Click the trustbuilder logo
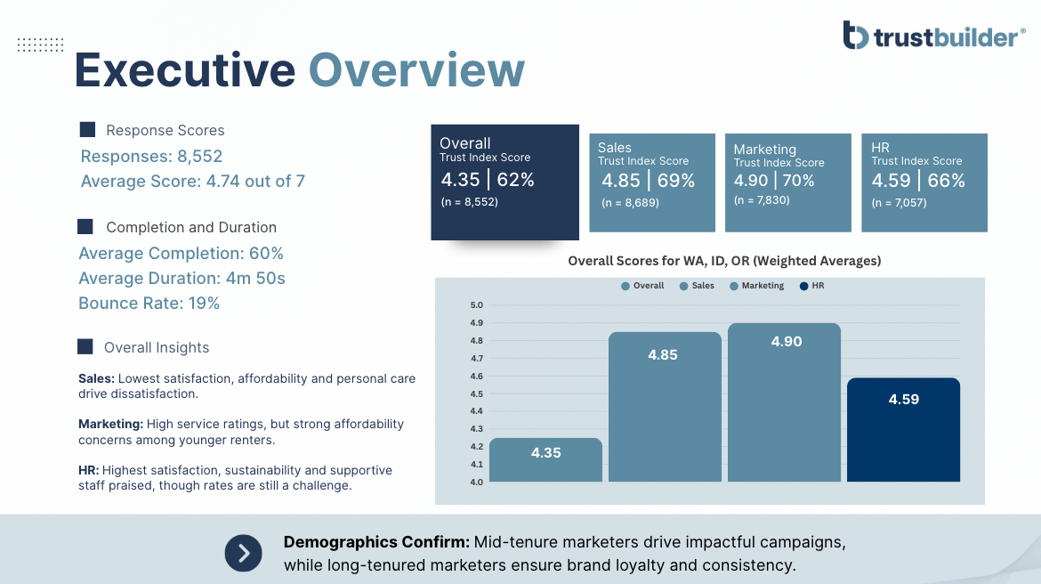[x=933, y=36]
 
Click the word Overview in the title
[x=417, y=69]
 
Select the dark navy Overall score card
[x=504, y=182]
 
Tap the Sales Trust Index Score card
[x=652, y=182]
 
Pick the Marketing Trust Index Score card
[x=788, y=182]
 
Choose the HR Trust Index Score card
[x=924, y=182]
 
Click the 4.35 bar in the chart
[x=545, y=459]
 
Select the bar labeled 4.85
[x=665, y=407]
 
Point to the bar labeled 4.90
[x=784, y=402]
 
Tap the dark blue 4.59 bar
[x=904, y=430]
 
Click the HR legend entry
[x=812, y=286]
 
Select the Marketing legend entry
[x=757, y=286]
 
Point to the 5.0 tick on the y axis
[x=477, y=305]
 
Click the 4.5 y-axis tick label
[x=477, y=393]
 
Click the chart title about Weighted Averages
[x=724, y=261]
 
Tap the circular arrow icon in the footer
[x=243, y=553]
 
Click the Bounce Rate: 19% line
[x=149, y=303]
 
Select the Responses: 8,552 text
[x=151, y=156]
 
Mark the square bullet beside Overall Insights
[x=85, y=347]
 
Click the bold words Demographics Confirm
[x=376, y=542]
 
